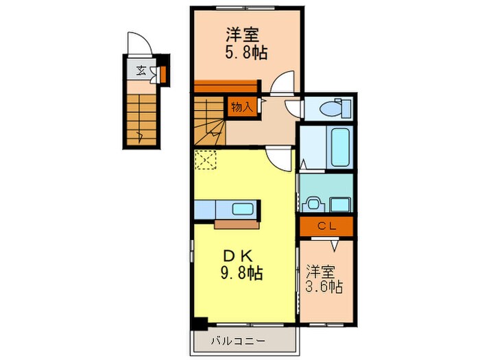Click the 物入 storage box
click(x=241, y=107)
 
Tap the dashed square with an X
click(x=205, y=160)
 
